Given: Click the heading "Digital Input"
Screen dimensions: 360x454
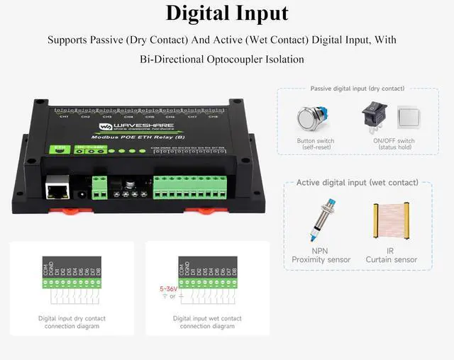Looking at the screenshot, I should [227, 13].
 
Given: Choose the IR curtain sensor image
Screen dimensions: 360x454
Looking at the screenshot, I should [389, 223].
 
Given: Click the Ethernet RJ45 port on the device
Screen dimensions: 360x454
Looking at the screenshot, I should [57, 189].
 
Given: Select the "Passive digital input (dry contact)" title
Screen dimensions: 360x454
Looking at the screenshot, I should [358, 89].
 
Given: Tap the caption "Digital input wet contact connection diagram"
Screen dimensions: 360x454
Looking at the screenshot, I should [207, 322].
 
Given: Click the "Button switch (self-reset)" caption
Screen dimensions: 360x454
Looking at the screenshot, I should [316, 145].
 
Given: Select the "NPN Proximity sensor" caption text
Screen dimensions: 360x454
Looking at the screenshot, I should [321, 255].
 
